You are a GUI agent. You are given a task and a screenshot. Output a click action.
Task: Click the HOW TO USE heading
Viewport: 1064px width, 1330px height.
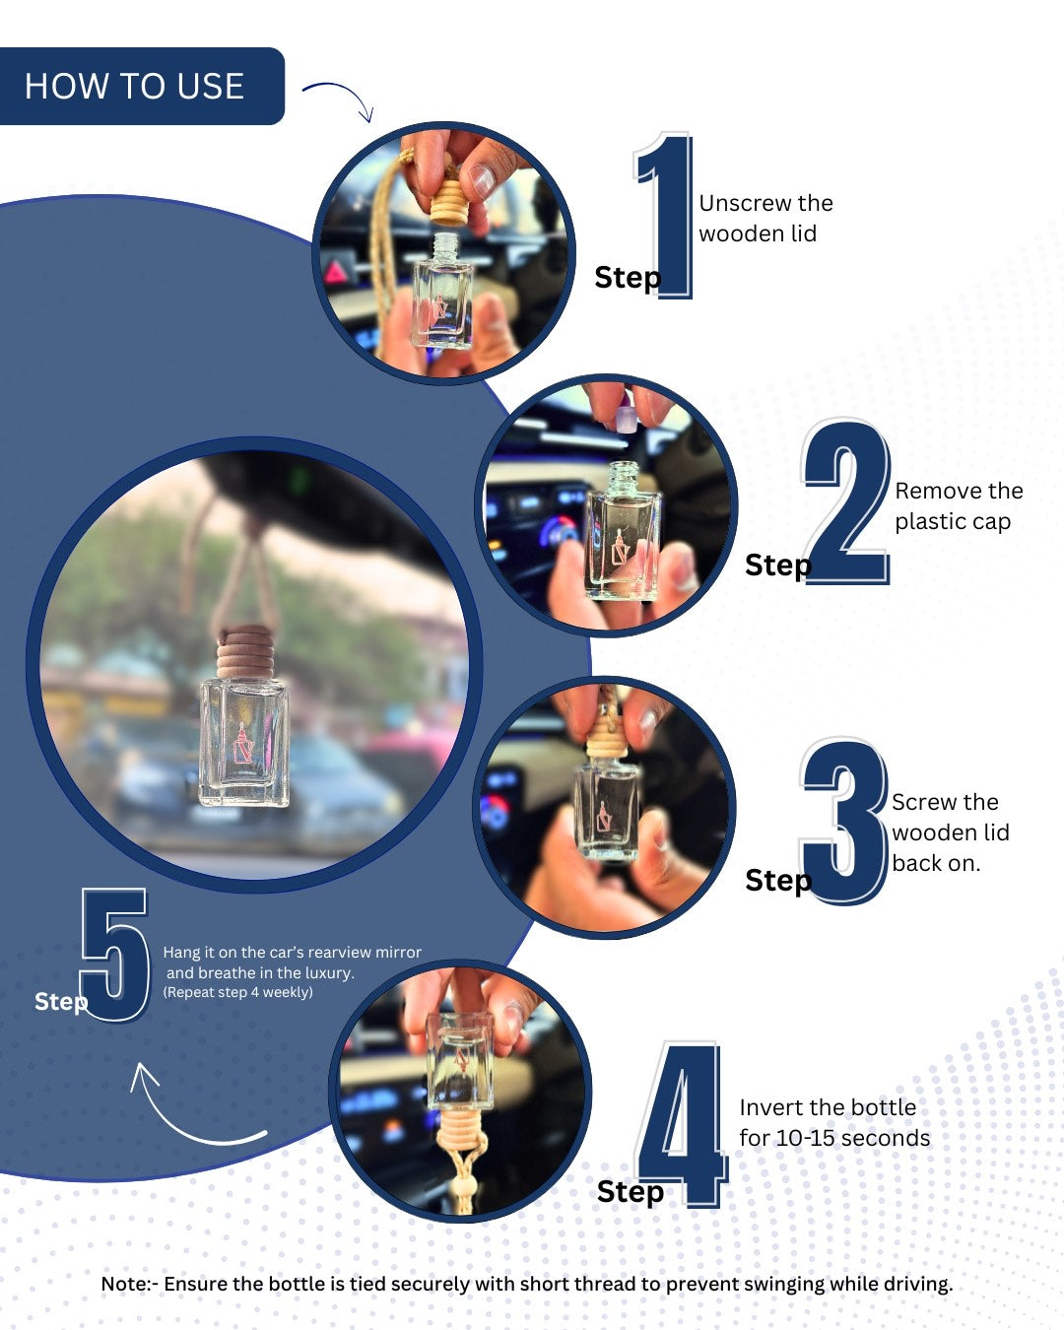click(134, 86)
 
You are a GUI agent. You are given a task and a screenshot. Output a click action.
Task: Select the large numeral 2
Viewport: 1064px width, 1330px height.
click(846, 501)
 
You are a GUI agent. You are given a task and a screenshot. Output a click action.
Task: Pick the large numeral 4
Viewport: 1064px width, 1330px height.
click(683, 1124)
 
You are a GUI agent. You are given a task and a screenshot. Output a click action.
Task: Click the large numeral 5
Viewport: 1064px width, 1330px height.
click(115, 955)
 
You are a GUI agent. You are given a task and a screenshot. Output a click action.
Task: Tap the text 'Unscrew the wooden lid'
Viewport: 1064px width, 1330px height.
click(766, 218)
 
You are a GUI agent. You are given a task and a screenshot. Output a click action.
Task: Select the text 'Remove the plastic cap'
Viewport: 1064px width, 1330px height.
click(959, 505)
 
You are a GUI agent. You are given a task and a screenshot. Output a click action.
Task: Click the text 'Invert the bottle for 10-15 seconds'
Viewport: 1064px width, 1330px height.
click(834, 1123)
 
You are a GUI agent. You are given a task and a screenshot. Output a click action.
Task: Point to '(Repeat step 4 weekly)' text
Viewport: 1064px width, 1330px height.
click(238, 992)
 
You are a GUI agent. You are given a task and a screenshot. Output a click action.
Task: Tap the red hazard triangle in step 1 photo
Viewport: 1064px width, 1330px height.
click(336, 272)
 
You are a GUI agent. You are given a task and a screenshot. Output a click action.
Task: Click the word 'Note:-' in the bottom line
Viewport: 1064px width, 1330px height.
click(130, 1284)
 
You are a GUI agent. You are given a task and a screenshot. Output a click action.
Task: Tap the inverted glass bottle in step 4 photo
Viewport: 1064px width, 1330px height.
click(459, 1061)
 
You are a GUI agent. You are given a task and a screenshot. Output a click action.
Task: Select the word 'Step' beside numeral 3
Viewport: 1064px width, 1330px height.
click(778, 880)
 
